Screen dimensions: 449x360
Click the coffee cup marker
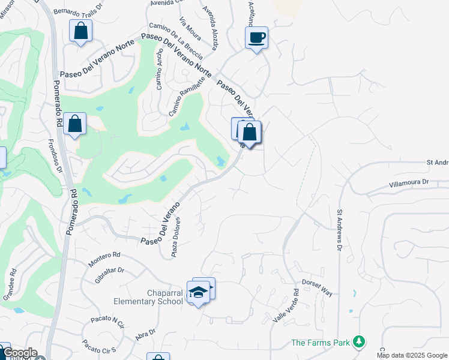tap(256, 38)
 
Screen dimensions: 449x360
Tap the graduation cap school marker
tap(198, 292)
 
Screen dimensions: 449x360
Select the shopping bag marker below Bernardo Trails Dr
tap(80, 31)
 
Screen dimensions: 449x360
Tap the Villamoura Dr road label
tap(409, 181)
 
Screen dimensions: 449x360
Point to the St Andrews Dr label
tap(339, 230)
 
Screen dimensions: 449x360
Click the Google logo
tap(19, 353)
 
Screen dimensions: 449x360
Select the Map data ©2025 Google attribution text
tap(412, 355)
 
